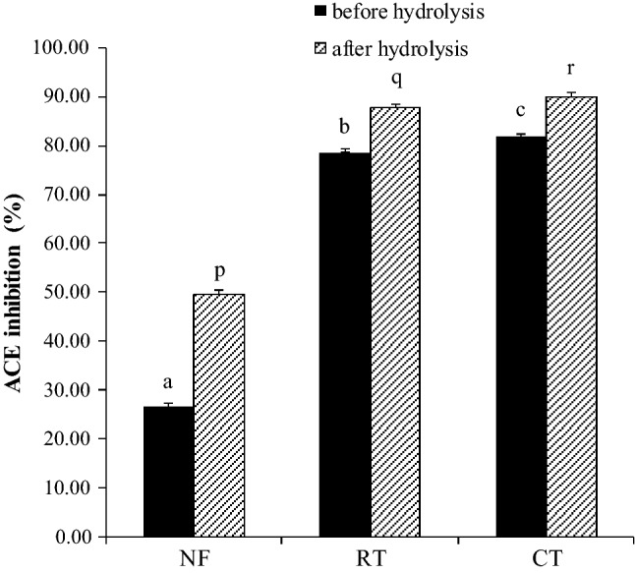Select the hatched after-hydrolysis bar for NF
(218, 415)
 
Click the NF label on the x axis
(193, 560)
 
